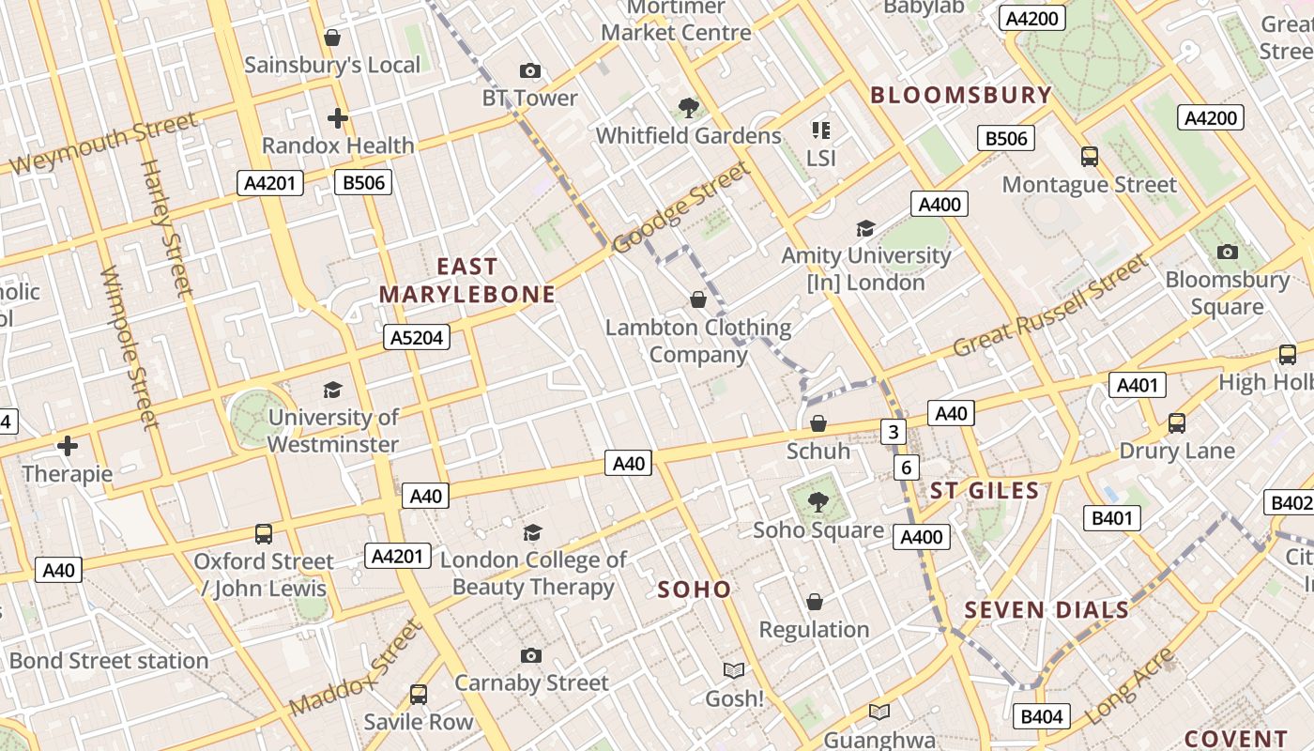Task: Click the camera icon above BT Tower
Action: point(530,70)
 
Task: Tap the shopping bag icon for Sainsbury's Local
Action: point(331,38)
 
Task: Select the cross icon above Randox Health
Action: point(338,118)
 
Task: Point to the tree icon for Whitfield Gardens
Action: point(689,108)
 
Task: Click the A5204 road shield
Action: point(417,337)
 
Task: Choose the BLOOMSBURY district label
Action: point(961,95)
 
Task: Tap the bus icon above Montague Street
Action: point(1090,157)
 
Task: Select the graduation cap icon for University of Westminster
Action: point(332,390)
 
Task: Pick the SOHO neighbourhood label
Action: point(694,590)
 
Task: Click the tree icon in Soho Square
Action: point(818,502)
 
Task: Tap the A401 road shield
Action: point(1138,385)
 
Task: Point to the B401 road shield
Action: point(1112,518)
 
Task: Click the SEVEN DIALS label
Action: point(1047,610)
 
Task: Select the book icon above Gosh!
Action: point(734,670)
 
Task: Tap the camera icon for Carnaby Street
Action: point(531,655)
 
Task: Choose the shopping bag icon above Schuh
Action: point(818,423)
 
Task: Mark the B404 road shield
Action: point(1042,717)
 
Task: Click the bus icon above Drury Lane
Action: point(1177,423)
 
